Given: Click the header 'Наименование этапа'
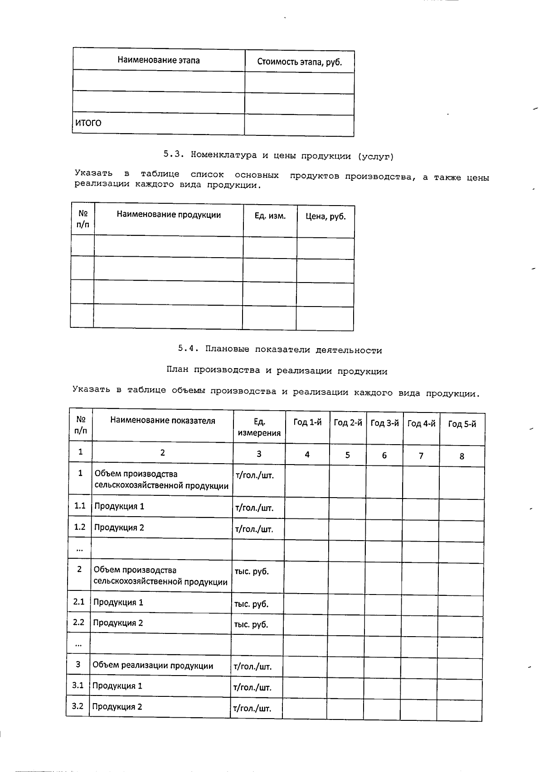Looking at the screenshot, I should click(x=159, y=60).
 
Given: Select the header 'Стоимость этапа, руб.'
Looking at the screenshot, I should click(x=299, y=62).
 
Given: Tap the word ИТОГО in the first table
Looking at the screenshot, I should click(x=88, y=123).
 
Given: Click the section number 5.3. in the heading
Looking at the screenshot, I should click(x=174, y=154).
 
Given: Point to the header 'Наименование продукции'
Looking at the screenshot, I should click(x=169, y=215).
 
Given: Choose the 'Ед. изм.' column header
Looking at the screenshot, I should click(x=270, y=216).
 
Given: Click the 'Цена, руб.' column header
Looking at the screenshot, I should click(x=325, y=216).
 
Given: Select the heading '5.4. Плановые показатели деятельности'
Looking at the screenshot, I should click(x=280, y=350).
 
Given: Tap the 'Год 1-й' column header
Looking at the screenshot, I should click(x=307, y=422).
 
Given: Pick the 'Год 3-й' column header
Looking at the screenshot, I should click(x=384, y=423).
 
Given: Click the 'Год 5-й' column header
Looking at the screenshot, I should click(x=462, y=424).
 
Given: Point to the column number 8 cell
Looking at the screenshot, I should click(x=462, y=456).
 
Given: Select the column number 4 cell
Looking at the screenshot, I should click(x=307, y=455).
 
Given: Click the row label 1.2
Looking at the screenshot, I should click(x=80, y=527).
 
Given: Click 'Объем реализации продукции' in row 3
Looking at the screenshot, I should click(x=153, y=665).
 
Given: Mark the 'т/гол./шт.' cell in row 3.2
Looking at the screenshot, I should click(x=252, y=709).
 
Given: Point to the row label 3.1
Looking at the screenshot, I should click(x=78, y=686).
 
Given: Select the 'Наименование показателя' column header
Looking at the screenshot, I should click(x=163, y=421).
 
